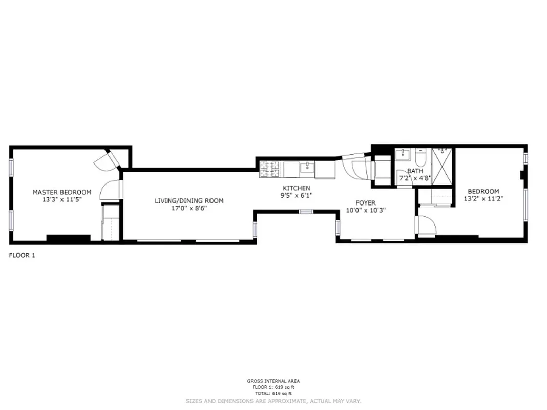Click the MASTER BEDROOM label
[x=62, y=192]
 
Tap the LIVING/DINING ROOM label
[x=189, y=201]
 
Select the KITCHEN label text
[x=297, y=188]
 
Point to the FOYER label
[x=366, y=203]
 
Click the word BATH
[x=415, y=171]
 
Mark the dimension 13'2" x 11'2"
[x=483, y=199]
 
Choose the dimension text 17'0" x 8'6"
[x=189, y=209]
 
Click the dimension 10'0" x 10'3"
[x=366, y=210]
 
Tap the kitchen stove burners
[x=270, y=169]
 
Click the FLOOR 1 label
[x=22, y=255]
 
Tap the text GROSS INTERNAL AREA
[x=273, y=381]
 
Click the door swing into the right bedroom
[x=426, y=226]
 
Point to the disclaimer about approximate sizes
[x=273, y=401]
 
